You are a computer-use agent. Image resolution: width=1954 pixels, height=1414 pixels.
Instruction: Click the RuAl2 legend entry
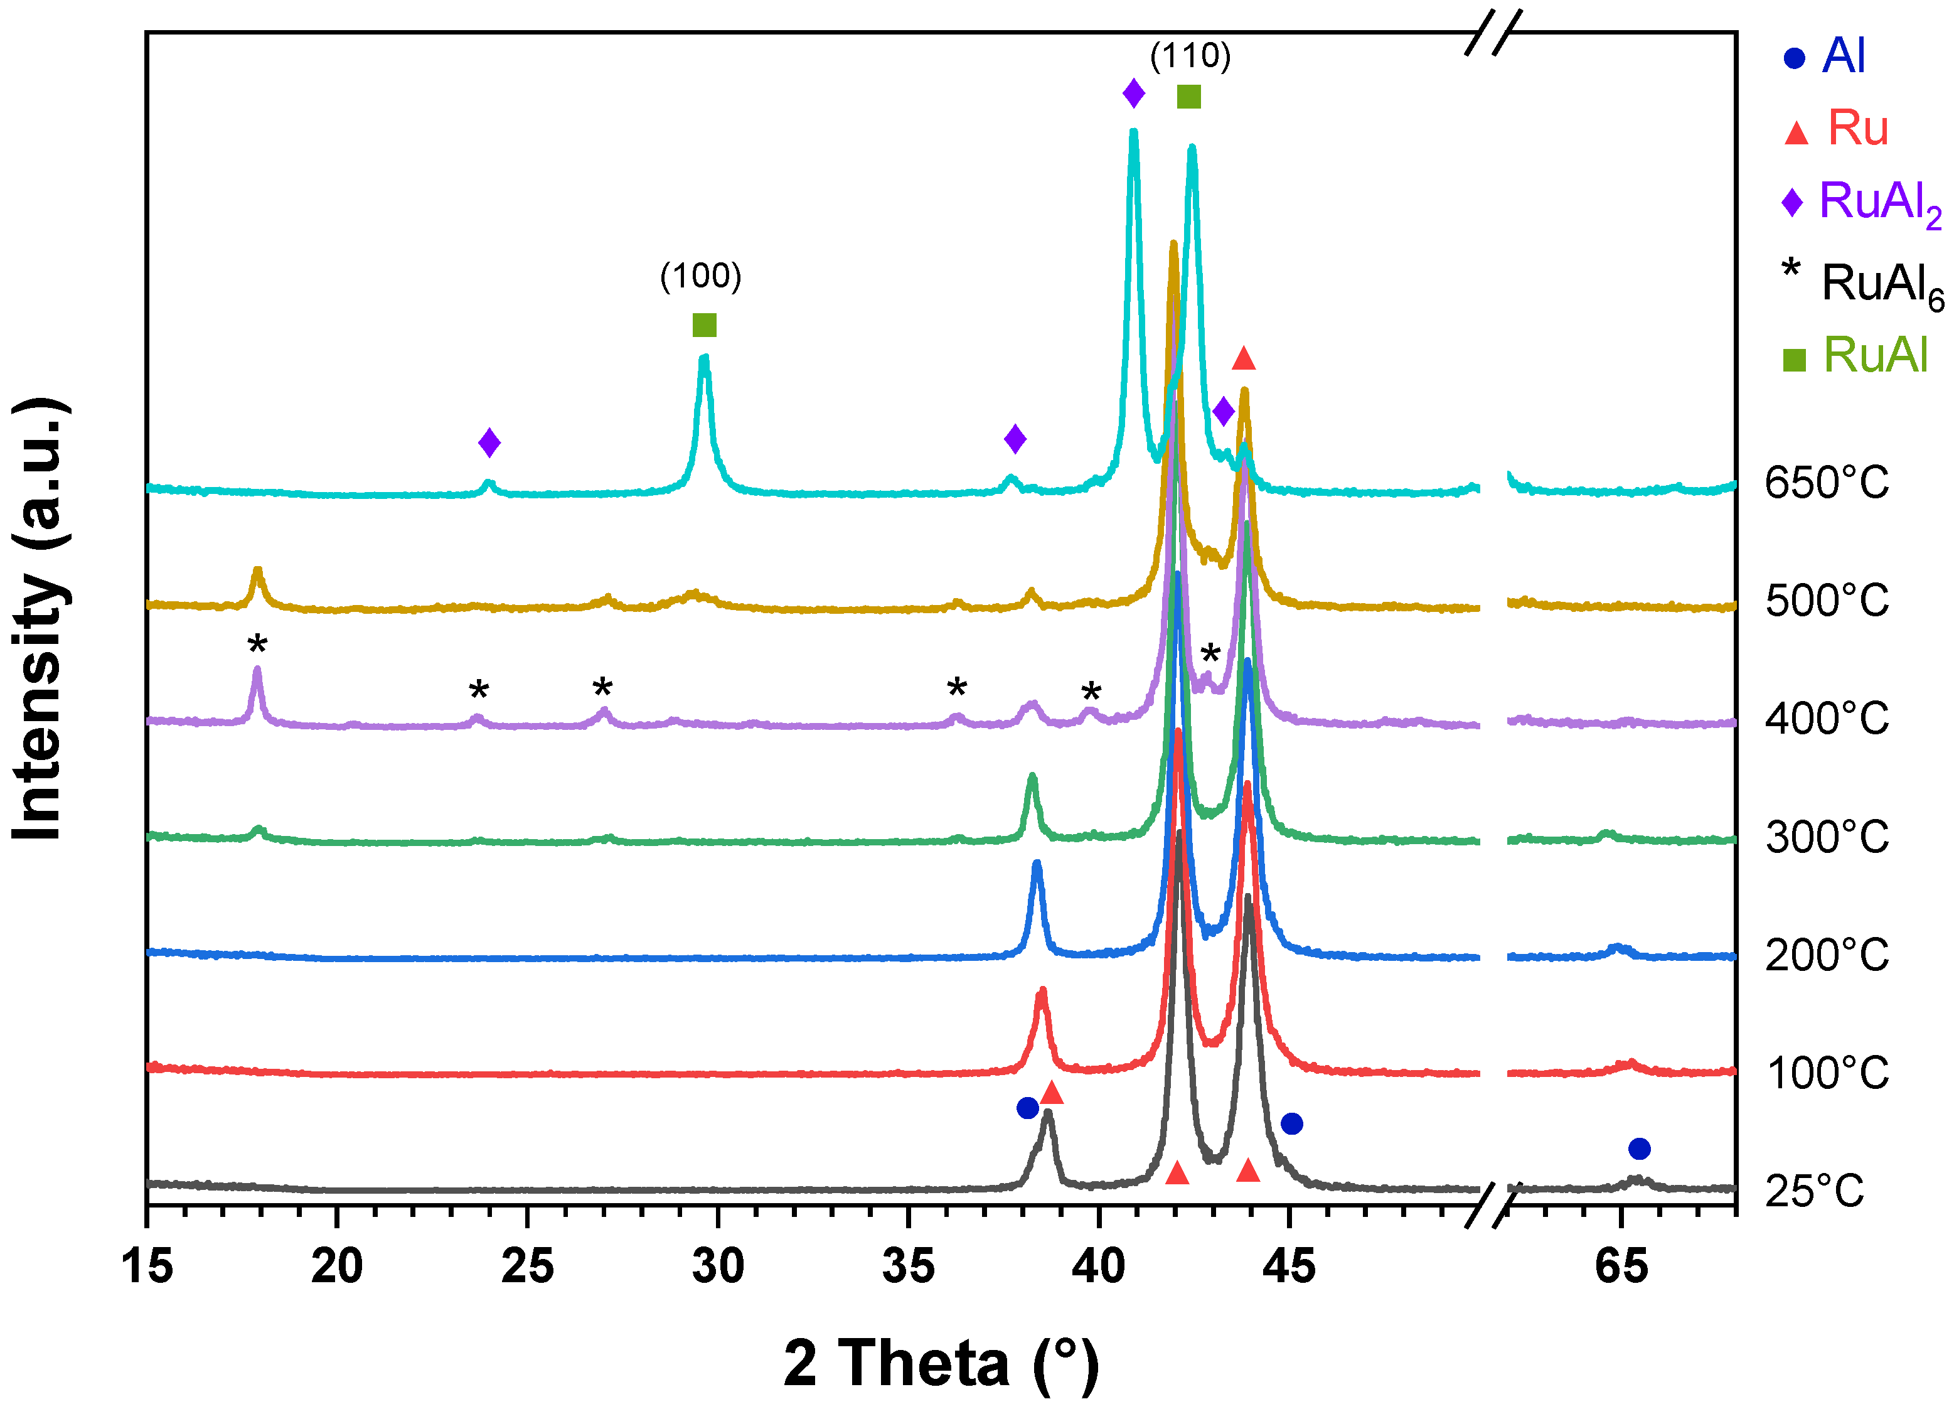pyautogui.click(x=1861, y=203)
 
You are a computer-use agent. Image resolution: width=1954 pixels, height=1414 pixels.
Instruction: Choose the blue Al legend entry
pyautogui.click(x=1824, y=57)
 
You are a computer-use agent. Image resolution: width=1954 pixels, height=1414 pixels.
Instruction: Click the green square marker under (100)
pyautogui.click(x=704, y=325)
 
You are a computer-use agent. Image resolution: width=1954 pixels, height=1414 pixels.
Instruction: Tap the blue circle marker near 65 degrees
pyautogui.click(x=1638, y=1149)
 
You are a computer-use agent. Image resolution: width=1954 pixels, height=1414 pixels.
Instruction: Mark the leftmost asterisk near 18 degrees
pyautogui.click(x=257, y=645)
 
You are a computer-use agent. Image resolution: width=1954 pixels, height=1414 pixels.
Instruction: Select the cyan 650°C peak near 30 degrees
pyautogui.click(x=705, y=362)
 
